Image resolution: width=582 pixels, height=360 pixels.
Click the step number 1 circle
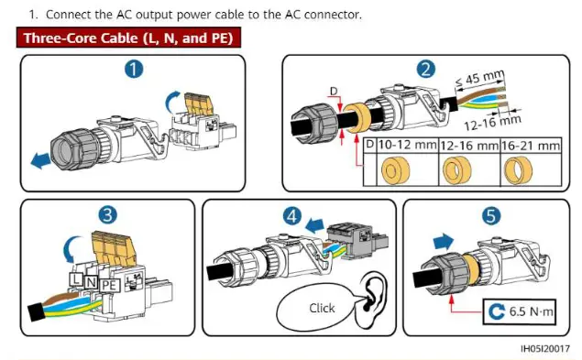click(134, 70)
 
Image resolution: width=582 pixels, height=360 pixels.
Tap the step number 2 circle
click(426, 69)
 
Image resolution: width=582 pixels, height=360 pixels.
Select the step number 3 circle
click(107, 214)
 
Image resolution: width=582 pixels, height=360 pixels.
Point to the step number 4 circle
click(292, 215)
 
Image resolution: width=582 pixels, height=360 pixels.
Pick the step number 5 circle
click(490, 215)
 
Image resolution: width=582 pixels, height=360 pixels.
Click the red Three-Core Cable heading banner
click(128, 38)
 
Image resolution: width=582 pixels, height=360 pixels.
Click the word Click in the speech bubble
click(322, 308)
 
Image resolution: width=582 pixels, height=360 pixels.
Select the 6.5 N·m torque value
click(531, 311)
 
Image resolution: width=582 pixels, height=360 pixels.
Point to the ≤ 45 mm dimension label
click(479, 78)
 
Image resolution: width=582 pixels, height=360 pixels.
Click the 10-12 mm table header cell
click(407, 145)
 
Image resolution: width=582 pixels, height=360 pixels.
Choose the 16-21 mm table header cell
click(531, 146)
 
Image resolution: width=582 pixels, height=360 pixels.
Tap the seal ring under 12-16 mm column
click(456, 170)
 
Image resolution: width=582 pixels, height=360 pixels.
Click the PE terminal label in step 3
click(110, 285)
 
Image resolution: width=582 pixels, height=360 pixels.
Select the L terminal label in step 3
click(76, 278)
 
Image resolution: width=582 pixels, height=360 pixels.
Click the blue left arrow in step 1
click(40, 160)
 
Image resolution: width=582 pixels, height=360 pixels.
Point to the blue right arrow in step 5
click(444, 242)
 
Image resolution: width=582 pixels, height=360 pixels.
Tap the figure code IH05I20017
click(545, 349)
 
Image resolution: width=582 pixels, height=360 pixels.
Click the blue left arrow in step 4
click(314, 225)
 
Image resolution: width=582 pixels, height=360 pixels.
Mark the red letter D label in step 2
click(334, 92)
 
